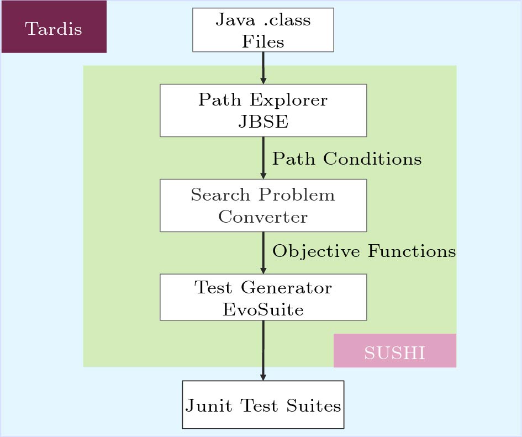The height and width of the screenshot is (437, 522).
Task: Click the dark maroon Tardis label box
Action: click(x=54, y=27)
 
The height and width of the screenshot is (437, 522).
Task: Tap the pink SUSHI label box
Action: click(x=395, y=350)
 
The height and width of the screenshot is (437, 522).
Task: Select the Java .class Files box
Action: click(x=263, y=30)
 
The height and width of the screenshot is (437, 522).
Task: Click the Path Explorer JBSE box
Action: click(x=263, y=110)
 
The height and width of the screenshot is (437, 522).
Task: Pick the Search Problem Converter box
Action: click(x=263, y=206)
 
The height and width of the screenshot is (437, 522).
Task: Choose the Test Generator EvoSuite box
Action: click(x=263, y=297)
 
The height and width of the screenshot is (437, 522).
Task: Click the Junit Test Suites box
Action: click(x=263, y=405)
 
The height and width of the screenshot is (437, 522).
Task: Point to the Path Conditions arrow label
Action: click(x=347, y=159)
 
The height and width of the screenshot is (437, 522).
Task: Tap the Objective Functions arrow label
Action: click(x=364, y=251)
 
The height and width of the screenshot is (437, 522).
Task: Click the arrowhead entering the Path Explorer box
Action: click(x=263, y=81)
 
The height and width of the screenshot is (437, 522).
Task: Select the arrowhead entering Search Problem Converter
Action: click(x=263, y=176)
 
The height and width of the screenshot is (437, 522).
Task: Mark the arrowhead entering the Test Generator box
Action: click(x=263, y=271)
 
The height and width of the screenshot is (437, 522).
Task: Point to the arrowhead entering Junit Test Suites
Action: click(x=263, y=377)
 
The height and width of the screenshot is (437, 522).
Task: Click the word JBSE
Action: click(x=263, y=121)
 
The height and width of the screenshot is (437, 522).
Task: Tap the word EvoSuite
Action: click(x=263, y=309)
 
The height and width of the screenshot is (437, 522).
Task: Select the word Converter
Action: click(x=263, y=217)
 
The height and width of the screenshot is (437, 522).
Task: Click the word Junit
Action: click(x=209, y=406)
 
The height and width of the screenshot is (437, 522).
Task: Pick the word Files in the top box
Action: click(x=263, y=41)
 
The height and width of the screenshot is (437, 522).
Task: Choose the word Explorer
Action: click(x=289, y=100)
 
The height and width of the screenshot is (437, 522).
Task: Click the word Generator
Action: click(x=286, y=287)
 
